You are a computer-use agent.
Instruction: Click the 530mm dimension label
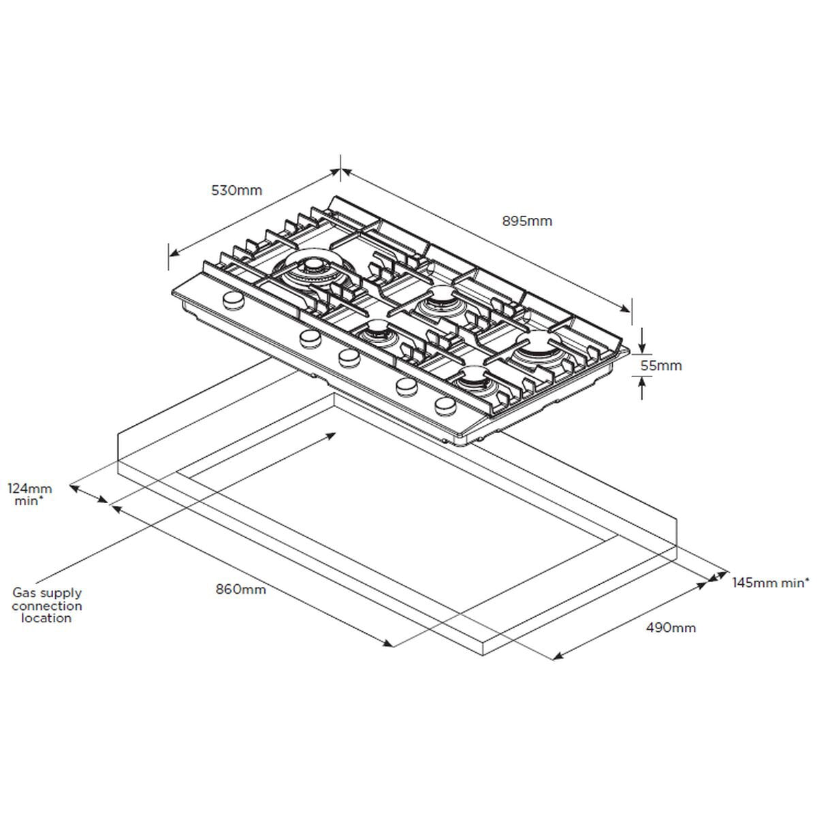pos(236,191)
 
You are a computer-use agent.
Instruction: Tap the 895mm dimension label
pos(527,221)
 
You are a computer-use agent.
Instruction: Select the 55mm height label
pos(662,366)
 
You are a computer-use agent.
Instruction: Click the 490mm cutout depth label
pos(671,628)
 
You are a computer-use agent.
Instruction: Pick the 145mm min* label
pos(771,582)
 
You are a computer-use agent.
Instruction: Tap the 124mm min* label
pos(29,494)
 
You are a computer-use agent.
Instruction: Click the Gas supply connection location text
pos(46,605)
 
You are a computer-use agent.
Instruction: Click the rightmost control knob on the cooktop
pos(445,406)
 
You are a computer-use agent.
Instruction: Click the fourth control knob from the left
pos(406,385)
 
